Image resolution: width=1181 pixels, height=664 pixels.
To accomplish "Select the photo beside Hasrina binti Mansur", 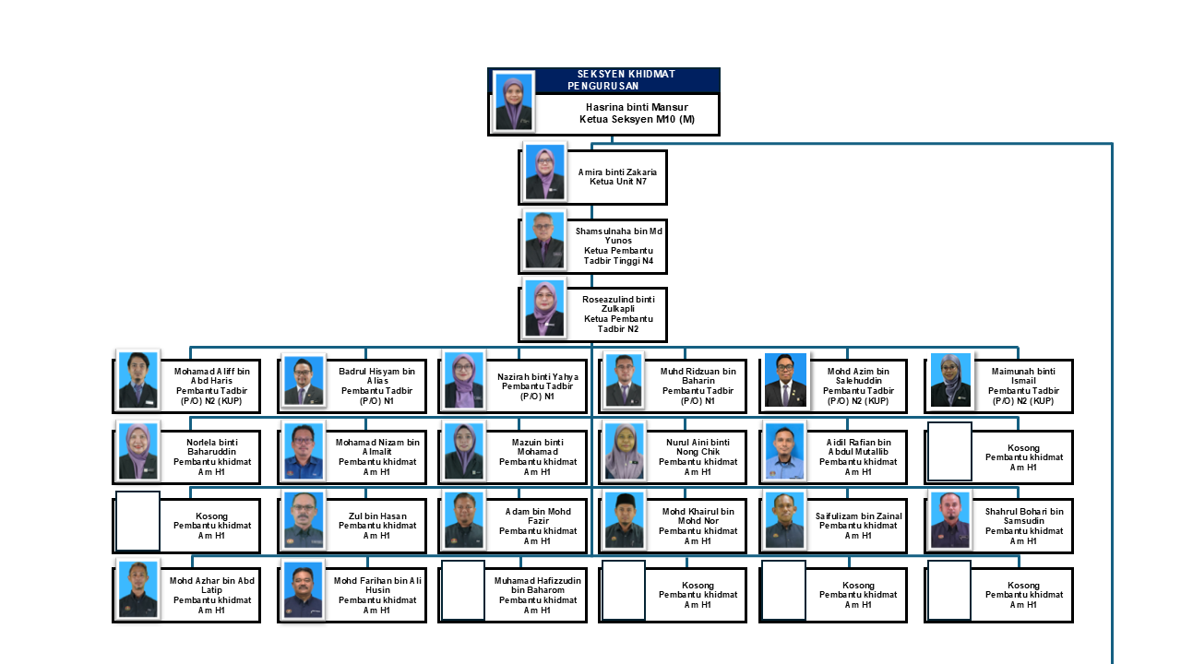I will tap(514, 101).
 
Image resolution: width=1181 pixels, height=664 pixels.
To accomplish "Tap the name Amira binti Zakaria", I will tap(617, 172).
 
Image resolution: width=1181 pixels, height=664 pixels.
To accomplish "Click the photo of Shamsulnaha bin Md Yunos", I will tap(544, 240).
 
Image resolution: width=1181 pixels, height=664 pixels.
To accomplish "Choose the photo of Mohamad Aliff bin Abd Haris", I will tap(138, 379).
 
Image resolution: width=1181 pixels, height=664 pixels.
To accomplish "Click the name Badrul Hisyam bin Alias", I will tap(376, 376).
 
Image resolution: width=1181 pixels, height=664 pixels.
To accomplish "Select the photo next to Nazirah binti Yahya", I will tap(463, 379).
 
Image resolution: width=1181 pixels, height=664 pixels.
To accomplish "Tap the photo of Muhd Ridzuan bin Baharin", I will tap(624, 379).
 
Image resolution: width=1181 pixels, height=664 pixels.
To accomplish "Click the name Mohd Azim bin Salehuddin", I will tap(858, 376).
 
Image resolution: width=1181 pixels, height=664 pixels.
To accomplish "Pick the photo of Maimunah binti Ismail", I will tap(950, 379).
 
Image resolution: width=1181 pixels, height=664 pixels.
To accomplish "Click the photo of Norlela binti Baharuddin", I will tap(138, 451).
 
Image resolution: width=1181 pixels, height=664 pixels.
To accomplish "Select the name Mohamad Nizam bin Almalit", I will tap(376, 447).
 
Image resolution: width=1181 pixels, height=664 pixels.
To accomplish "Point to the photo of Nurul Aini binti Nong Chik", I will tap(624, 451).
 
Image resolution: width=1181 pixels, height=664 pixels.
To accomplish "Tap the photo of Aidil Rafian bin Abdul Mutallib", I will tap(784, 451).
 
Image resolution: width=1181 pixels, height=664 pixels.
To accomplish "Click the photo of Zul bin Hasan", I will tap(303, 520).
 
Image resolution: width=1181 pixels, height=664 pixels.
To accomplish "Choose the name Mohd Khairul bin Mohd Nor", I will tap(698, 516).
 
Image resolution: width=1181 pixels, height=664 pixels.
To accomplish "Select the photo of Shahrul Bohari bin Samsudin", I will tap(950, 520).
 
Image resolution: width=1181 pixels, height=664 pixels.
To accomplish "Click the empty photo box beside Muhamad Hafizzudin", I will tap(463, 590).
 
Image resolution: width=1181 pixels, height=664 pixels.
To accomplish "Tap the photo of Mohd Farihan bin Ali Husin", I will tap(303, 590).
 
